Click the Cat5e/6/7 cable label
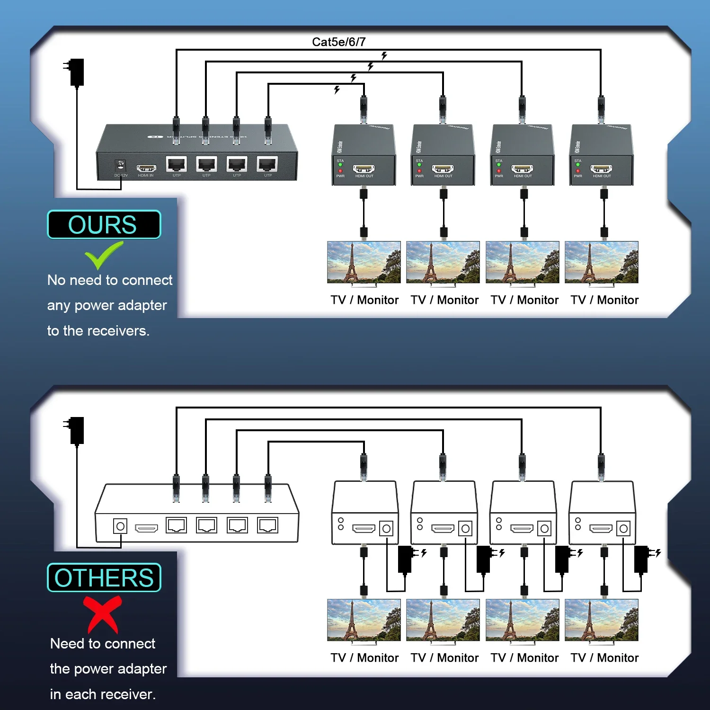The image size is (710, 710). coord(338,42)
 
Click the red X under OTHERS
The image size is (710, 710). coord(103,614)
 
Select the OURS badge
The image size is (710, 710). coord(104,224)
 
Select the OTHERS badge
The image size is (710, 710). coord(104,577)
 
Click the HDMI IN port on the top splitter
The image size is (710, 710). coord(146,168)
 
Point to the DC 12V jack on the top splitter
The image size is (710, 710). coord(121,166)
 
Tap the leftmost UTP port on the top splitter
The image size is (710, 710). coord(177,164)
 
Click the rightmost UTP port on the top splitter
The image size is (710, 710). coord(267,164)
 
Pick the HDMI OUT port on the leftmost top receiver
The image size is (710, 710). coord(364,169)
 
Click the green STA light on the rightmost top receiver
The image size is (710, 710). coord(578,165)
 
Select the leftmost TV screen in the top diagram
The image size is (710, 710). coord(364,262)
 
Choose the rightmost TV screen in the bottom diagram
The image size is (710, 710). coord(601,620)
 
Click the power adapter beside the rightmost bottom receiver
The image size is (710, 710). coord(641,559)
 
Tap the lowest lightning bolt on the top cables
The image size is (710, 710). coord(337,89)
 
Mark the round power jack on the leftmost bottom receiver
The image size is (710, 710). coord(386,529)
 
